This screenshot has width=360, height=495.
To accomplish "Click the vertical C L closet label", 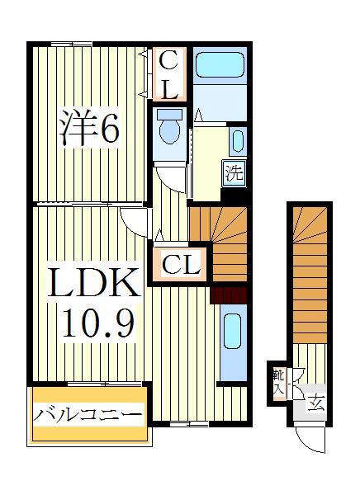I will coord(168,73).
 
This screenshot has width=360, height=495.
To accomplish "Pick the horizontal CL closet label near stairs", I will coord(180,265).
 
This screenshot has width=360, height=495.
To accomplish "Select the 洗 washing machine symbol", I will coord(234,174).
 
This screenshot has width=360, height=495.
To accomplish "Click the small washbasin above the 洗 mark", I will coord(236,140).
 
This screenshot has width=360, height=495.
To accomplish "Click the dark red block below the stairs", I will coord(229,294).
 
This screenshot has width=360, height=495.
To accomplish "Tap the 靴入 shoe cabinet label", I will coord(278,381).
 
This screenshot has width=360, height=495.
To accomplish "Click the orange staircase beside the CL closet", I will coord(218,243).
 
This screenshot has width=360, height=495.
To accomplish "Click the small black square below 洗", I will coord(234,196).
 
